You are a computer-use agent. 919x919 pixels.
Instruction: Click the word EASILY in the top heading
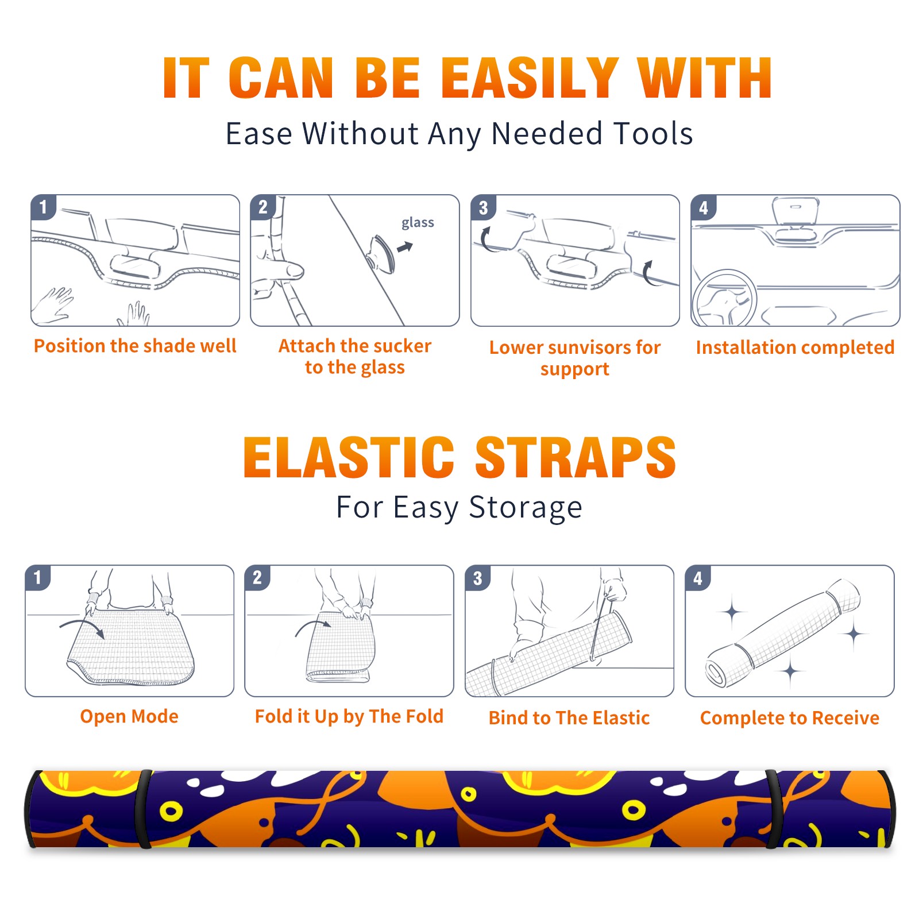(x=530, y=78)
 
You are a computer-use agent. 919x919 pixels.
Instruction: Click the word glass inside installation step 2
(x=418, y=223)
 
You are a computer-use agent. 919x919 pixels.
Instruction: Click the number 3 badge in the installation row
(x=484, y=207)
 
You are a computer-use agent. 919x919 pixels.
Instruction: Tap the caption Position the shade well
(x=135, y=346)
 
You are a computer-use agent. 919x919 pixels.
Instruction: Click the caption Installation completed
(x=795, y=347)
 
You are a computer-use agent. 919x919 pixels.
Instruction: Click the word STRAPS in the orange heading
(x=576, y=457)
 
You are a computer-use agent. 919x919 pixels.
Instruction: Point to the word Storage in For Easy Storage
(x=526, y=508)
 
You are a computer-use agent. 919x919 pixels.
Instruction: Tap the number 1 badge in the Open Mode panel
(x=38, y=577)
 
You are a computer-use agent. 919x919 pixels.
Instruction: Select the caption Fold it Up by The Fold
(x=349, y=716)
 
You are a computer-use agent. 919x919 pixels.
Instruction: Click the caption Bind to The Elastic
(x=569, y=718)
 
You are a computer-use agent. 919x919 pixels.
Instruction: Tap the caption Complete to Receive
(x=790, y=718)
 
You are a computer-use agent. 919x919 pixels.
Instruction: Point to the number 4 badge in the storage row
(x=698, y=578)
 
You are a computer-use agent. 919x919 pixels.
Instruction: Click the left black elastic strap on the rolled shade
(x=144, y=809)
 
